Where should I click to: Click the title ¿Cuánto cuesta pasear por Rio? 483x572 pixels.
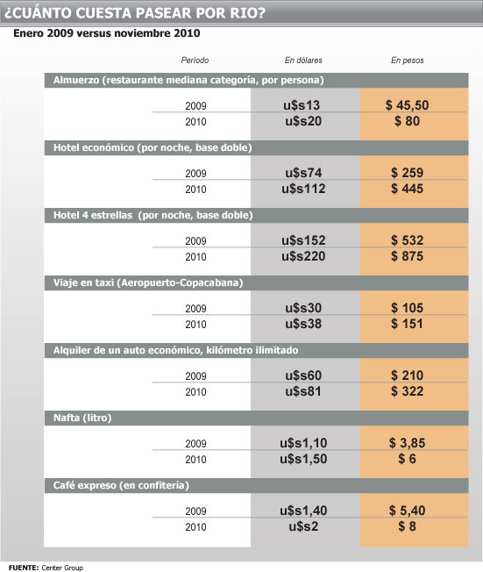click(134, 13)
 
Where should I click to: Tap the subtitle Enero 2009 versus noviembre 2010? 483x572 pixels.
click(106, 33)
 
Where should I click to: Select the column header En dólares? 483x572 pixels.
click(303, 61)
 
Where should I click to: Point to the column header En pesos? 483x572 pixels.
click(408, 61)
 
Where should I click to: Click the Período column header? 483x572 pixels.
click(195, 61)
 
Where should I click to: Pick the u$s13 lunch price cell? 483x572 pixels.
click(302, 105)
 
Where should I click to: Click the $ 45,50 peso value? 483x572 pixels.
click(408, 105)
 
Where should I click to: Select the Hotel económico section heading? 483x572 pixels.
click(153, 147)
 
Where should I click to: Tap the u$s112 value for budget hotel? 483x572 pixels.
click(303, 189)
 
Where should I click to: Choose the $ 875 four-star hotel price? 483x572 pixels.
click(408, 256)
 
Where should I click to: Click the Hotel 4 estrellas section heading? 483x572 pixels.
click(153, 215)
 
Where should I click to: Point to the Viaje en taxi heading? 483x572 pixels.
click(148, 282)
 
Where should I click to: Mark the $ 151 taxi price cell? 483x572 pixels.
click(408, 324)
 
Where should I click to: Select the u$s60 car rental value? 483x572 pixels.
click(303, 375)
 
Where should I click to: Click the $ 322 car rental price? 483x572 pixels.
click(408, 391)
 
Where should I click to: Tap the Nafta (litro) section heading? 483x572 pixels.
click(82, 418)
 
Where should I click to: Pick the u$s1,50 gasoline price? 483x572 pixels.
click(303, 459)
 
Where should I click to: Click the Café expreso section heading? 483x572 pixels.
click(121, 485)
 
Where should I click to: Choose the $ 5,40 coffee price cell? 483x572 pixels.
click(408, 511)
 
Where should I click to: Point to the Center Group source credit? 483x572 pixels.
click(62, 568)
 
